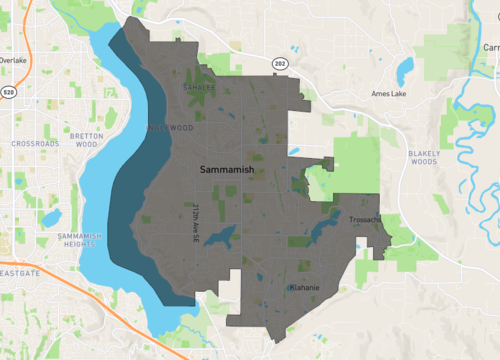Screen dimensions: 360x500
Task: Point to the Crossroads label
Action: coord(35,144)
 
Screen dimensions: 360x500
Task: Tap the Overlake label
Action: coord(13,60)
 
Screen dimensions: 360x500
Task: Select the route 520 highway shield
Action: coord(9,92)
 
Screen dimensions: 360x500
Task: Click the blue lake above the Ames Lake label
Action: coord(404,69)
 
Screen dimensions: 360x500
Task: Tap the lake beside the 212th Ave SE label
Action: coord(223,237)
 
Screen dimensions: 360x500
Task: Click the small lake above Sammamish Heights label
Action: coord(52,216)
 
